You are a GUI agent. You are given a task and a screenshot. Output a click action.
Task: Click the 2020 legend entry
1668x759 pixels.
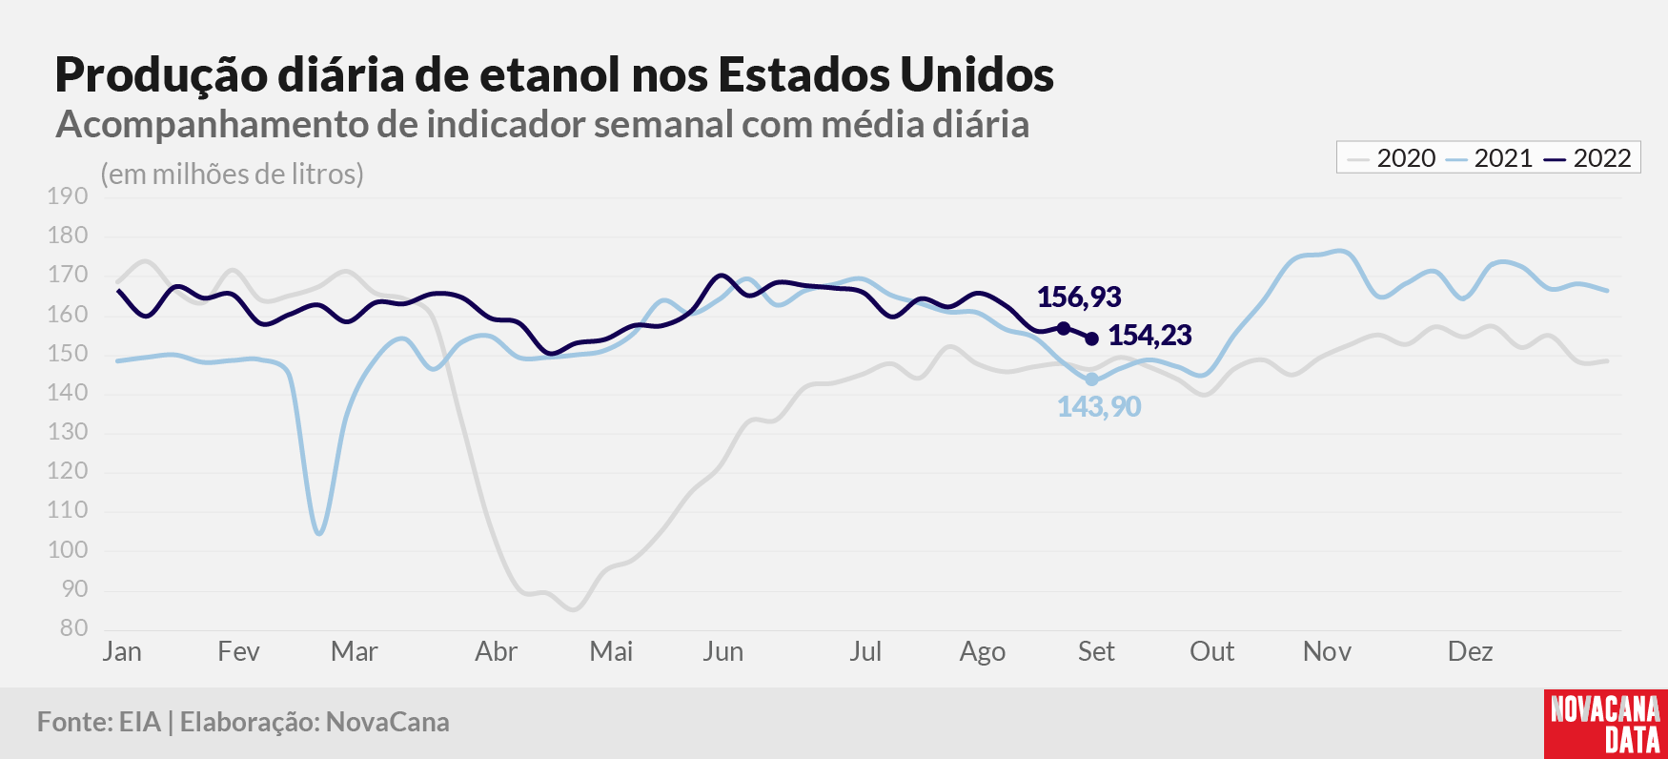point(1392,158)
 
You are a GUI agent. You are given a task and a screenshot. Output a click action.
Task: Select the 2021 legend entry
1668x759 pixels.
point(1489,158)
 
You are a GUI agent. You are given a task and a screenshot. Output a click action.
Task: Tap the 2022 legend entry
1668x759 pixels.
point(1588,158)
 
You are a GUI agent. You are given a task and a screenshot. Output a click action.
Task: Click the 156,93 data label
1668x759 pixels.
point(1079,297)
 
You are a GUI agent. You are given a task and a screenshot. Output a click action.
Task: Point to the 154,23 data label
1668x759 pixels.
point(1149,336)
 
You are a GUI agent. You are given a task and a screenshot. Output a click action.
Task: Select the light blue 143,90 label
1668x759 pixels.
point(1099,407)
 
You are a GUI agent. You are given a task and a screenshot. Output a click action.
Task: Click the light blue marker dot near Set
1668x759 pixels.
point(1091,379)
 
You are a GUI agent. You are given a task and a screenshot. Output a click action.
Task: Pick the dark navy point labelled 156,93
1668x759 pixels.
point(1064,329)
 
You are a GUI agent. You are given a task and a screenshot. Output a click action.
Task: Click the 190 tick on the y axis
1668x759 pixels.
point(68,196)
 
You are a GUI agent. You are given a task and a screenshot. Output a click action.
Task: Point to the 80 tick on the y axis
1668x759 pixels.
point(73,628)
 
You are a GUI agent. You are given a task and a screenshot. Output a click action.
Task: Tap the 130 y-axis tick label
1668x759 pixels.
point(68,432)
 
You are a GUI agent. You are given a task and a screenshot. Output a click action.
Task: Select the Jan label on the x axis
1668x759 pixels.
point(122,652)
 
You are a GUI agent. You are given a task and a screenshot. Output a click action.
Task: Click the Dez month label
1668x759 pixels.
point(1470,652)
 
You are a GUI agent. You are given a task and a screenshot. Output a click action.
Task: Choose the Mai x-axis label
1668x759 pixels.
point(611,652)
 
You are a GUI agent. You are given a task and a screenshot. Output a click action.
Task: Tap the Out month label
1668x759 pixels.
point(1211,652)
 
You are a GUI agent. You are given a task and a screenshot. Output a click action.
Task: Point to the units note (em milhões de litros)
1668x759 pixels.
point(233,174)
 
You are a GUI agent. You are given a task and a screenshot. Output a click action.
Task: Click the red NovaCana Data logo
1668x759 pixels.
point(1606,724)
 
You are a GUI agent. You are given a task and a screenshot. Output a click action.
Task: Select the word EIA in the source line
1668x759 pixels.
point(140,723)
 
